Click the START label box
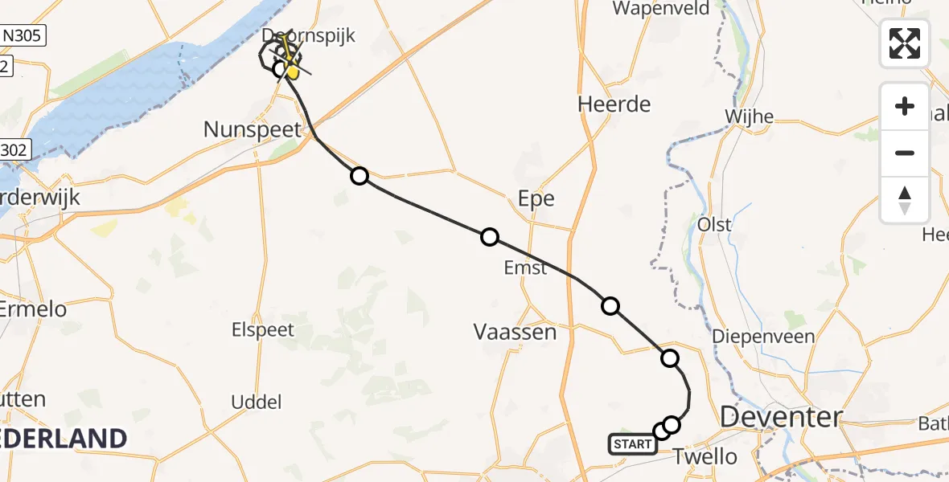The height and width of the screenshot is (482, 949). click(632, 443)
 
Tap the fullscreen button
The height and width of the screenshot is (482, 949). click(905, 43)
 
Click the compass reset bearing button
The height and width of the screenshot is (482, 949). click(905, 200)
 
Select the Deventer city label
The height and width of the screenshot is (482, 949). click(781, 417)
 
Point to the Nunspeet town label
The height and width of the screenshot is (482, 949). click(253, 129)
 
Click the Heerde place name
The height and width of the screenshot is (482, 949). click(614, 104)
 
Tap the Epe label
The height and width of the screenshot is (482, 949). click(536, 198)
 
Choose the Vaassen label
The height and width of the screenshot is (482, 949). click(515, 331)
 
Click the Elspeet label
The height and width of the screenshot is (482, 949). click(262, 329)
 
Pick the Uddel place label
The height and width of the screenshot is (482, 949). click(256, 402)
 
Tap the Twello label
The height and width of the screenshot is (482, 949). click(705, 456)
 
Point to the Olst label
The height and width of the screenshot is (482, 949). click(714, 223)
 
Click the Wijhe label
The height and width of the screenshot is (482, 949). click(749, 116)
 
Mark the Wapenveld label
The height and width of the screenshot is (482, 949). click(661, 9)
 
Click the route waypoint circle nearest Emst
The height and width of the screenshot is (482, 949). click(489, 237)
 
